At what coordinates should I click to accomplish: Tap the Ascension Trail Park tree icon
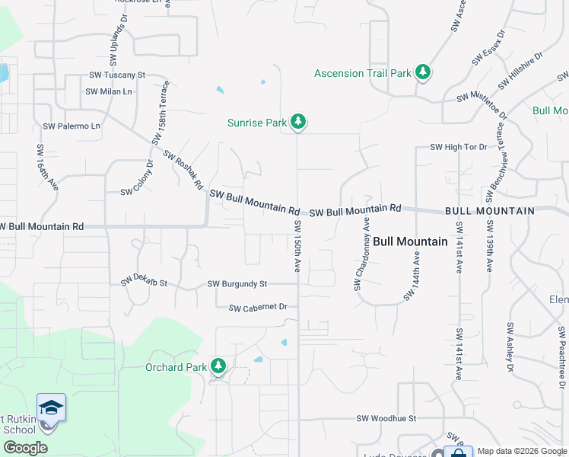[x=423, y=73]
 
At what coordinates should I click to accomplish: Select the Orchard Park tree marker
[x=218, y=367]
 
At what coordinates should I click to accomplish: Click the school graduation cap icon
[x=51, y=407]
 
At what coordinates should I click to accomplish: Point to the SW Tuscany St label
[x=117, y=75]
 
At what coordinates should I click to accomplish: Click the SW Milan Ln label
[x=109, y=91]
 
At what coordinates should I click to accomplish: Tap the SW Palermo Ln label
[x=72, y=126]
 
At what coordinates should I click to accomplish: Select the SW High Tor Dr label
[x=458, y=147]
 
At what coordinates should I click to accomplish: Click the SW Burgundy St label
[x=237, y=284]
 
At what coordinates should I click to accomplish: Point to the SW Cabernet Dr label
[x=258, y=308]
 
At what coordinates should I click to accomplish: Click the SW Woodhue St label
[x=387, y=418]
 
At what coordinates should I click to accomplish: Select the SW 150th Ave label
[x=297, y=248]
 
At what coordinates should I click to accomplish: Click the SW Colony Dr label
[x=137, y=176]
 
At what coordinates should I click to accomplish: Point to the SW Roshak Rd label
[x=183, y=168]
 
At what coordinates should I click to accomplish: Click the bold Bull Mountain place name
[x=410, y=241]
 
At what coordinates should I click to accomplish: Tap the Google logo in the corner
[x=25, y=448]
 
